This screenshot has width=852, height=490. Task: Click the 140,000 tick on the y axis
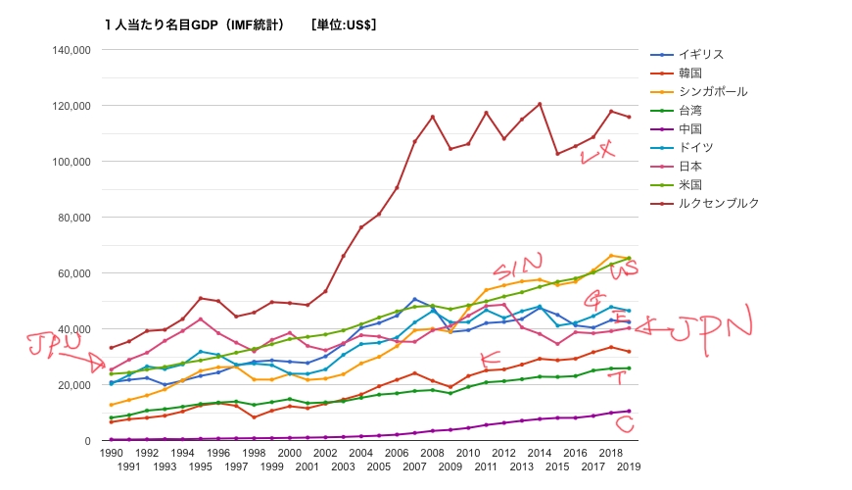click(x=70, y=50)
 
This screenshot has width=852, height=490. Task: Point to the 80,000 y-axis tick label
click(x=72, y=218)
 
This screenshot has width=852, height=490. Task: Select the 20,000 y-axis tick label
click(x=72, y=385)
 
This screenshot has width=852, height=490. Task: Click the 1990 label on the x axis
click(x=111, y=454)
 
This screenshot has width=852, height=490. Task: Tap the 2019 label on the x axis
click(x=628, y=466)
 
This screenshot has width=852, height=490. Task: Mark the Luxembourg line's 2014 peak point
click(x=540, y=104)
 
